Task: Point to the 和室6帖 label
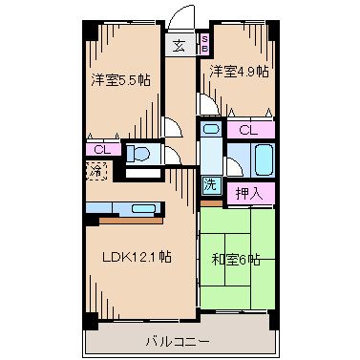[x=235, y=259]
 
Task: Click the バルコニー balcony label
[x=179, y=340]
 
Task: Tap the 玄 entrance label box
[x=180, y=44]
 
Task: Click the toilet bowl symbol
[x=138, y=155]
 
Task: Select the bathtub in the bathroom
[x=260, y=158]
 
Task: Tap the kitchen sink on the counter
[x=144, y=208]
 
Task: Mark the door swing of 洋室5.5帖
[x=170, y=125]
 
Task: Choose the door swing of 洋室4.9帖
[x=204, y=105]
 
